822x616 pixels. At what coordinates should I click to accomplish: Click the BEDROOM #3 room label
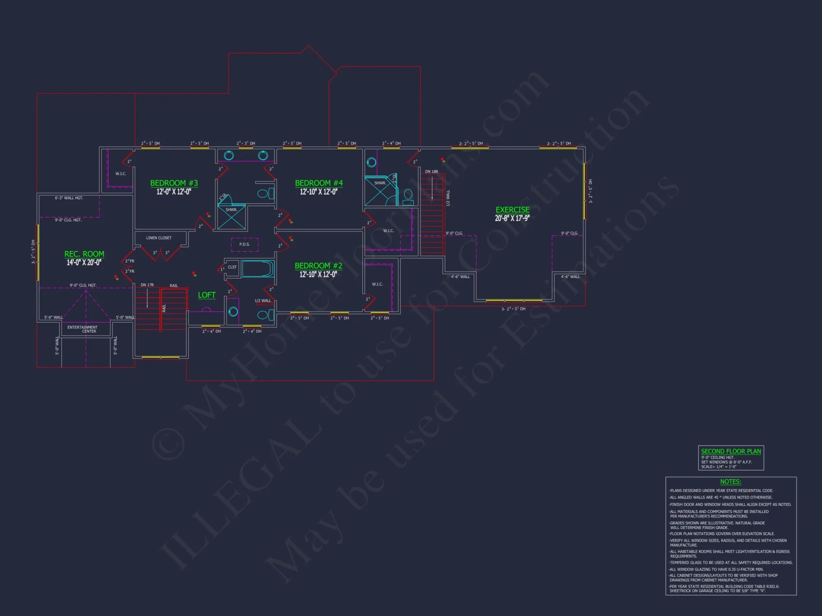point(174,183)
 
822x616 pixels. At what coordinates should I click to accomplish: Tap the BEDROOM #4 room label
point(319,183)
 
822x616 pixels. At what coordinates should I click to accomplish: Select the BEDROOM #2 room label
point(318,266)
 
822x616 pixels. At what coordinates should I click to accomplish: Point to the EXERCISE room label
point(512,210)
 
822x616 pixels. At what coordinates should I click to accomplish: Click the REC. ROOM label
point(84,254)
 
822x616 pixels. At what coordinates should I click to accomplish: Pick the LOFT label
point(206,295)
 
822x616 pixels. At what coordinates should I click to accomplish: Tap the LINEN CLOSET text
point(159,238)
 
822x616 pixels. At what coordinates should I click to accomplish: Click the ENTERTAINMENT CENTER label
point(83,329)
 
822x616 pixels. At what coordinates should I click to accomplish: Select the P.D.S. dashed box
point(245,244)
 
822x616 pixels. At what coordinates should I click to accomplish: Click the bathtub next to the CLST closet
point(258,269)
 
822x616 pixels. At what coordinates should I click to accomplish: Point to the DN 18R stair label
point(431,172)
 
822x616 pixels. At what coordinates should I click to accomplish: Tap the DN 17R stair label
point(147,285)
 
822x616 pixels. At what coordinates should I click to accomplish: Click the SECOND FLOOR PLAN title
point(731,451)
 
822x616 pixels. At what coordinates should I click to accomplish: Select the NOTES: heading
point(730,482)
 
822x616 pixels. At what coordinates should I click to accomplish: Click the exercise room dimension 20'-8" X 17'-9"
point(512,218)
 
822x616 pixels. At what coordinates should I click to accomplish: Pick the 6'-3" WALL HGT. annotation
point(69,198)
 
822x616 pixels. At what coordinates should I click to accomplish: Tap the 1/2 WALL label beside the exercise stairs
point(448,198)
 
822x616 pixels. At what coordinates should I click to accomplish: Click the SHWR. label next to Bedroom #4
point(380,183)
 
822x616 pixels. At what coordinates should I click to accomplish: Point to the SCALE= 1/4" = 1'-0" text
point(718,467)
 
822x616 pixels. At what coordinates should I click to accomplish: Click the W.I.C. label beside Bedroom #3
point(120,174)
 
